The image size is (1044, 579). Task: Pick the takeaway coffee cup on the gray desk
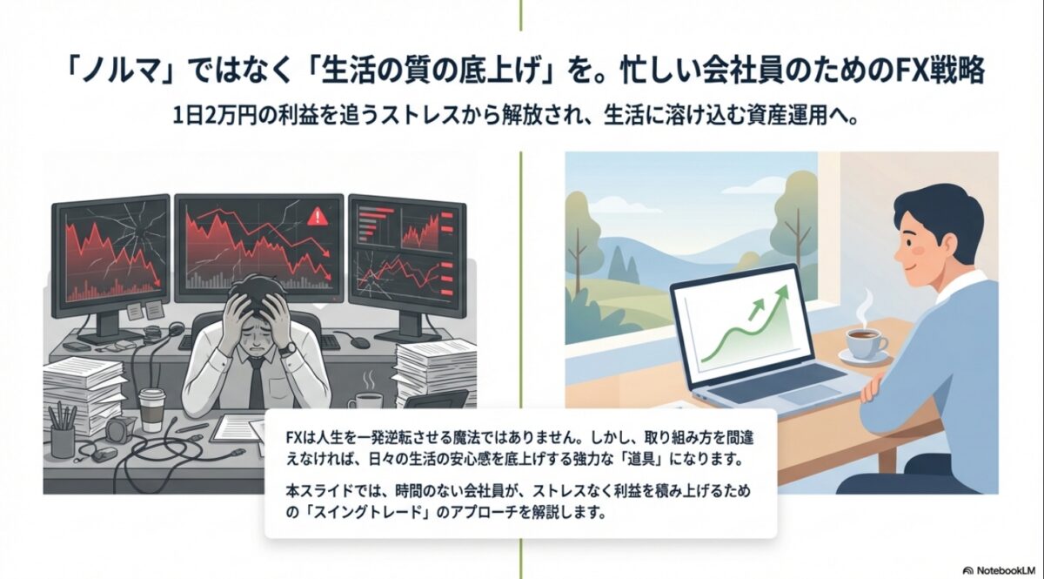pos(151,409)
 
